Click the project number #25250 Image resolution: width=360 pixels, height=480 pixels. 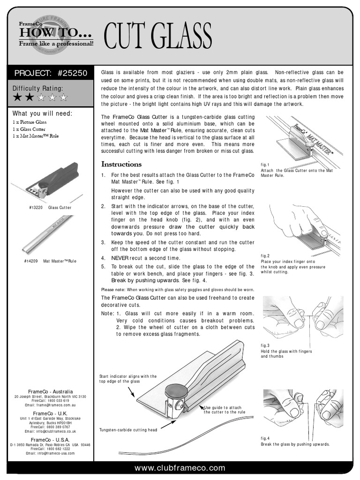coord(73,73)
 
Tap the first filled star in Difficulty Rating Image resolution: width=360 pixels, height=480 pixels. coord(17,97)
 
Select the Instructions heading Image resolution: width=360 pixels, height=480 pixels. coord(121,164)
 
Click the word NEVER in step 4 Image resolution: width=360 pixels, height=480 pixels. coord(120,258)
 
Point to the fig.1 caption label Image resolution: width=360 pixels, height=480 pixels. coord(265,165)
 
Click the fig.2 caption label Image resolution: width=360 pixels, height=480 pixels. coord(265,255)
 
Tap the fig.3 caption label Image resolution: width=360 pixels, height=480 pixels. coord(265,345)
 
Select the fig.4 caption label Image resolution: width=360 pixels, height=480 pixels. coord(265,438)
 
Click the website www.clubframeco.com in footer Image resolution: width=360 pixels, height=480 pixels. coord(180,468)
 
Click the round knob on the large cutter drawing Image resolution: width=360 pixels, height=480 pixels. coord(176,391)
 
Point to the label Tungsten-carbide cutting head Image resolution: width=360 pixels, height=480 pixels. coord(128,429)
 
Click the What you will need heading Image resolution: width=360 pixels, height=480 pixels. coord(42,113)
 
